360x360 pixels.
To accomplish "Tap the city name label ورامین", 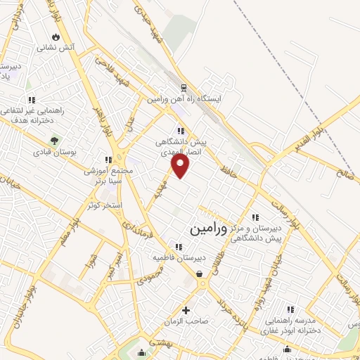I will pyautogui.click(x=209, y=229).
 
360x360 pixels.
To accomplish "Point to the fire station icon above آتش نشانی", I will pyautogui.click(x=56, y=37).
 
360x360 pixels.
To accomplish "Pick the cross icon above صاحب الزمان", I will pyautogui.click(x=186, y=310).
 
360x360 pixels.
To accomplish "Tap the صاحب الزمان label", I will pyautogui.click(x=186, y=321).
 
